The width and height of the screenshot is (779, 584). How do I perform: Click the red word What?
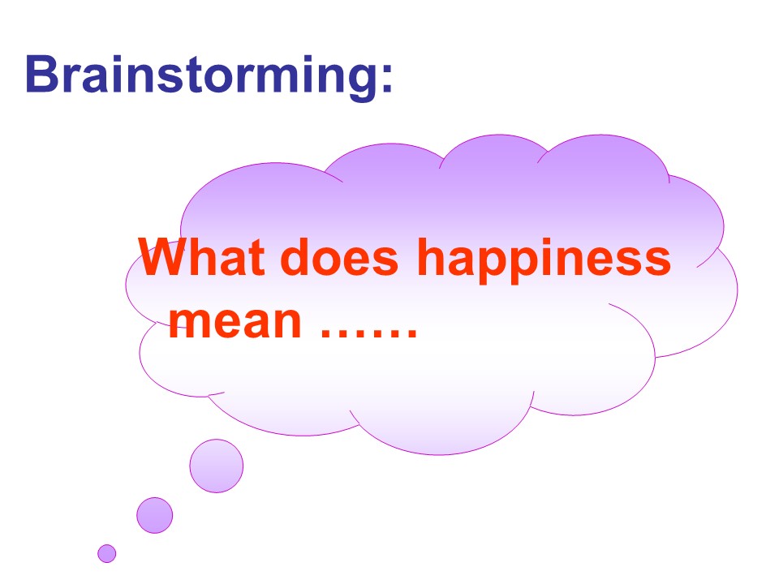tap(203, 259)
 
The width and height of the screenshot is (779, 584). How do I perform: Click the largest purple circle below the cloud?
tap(217, 466)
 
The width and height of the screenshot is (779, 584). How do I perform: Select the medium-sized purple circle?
tap(155, 515)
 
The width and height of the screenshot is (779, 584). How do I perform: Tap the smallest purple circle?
tap(107, 553)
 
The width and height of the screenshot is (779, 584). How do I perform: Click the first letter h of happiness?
tap(432, 259)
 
